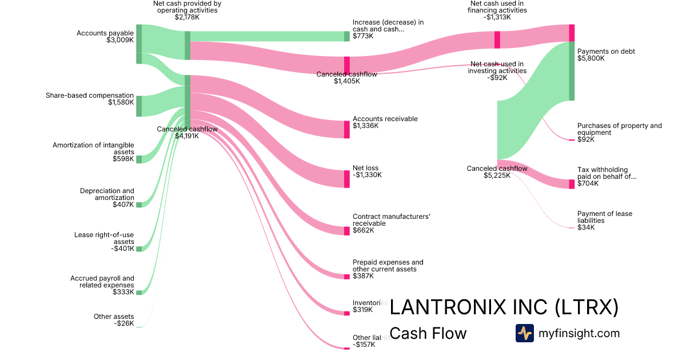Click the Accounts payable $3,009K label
coord(105,37)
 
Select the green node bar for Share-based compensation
coord(139,106)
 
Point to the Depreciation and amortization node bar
coord(139,204)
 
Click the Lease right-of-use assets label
coord(104,242)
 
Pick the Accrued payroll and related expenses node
coord(139,292)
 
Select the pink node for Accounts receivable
coord(346,129)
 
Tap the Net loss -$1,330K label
coord(367,171)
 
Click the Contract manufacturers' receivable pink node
coord(346,231)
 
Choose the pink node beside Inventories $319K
coord(346,313)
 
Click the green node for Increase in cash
coord(346,36)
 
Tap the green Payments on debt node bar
coord(572,71)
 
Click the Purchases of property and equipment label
coord(619,132)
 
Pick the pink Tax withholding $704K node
coord(572,184)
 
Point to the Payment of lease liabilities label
coord(604,221)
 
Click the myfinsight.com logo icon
coord(524,333)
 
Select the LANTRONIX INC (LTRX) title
coord(504,307)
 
